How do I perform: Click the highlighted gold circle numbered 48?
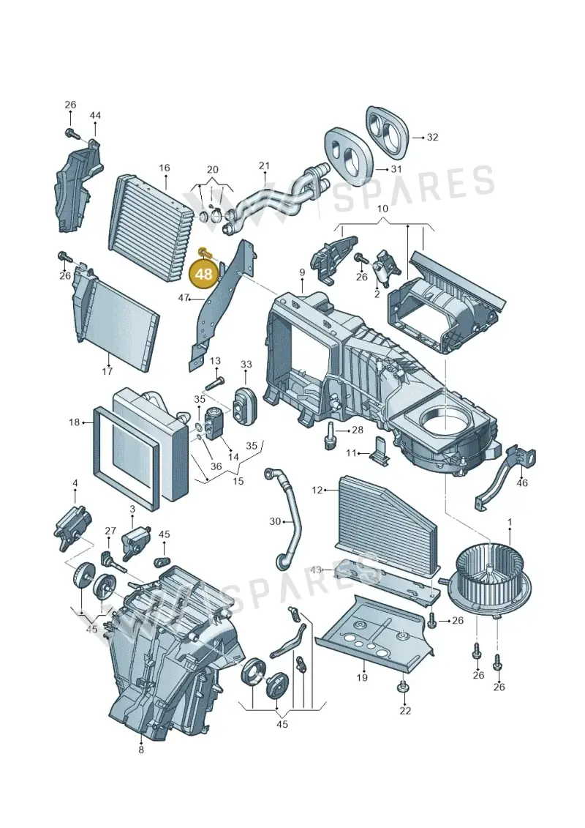(x=204, y=275)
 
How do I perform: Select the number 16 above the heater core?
(x=164, y=168)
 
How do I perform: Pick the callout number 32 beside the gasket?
(x=433, y=138)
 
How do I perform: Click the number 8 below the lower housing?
(x=141, y=750)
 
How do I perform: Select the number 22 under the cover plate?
(x=404, y=711)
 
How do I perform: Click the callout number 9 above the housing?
(x=302, y=272)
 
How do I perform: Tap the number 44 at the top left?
(x=95, y=115)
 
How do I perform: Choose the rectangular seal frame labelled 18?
(x=127, y=457)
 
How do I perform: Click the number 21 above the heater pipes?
(x=264, y=165)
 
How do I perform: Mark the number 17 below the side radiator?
(x=107, y=371)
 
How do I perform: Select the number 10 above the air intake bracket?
(x=383, y=208)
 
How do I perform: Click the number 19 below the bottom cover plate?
(x=362, y=677)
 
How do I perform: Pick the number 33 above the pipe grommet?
(x=246, y=365)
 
